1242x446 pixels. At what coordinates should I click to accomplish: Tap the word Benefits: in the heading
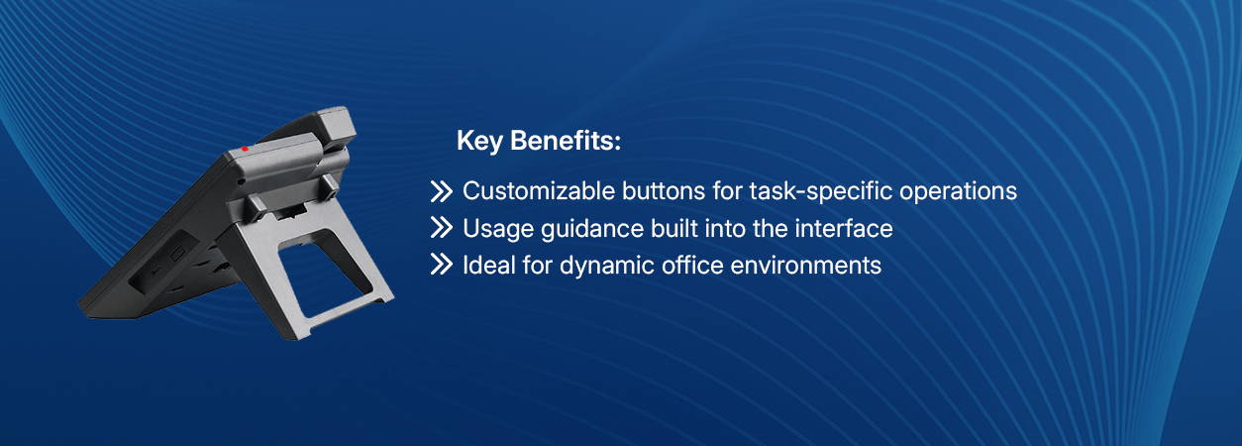[565, 140]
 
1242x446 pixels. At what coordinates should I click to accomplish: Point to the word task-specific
[821, 192]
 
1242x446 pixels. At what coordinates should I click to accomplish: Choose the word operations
[958, 192]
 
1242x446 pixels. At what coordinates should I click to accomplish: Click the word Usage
[498, 230]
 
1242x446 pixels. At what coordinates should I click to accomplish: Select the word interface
[843, 229]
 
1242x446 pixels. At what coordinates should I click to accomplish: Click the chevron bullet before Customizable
[442, 191]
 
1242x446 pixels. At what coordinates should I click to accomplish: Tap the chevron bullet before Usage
[442, 228]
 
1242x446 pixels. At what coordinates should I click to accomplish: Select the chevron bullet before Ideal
[442, 265]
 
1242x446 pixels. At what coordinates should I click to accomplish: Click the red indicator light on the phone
[245, 149]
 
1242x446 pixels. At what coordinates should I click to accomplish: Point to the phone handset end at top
[337, 127]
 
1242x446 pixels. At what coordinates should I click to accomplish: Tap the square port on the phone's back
[177, 255]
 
